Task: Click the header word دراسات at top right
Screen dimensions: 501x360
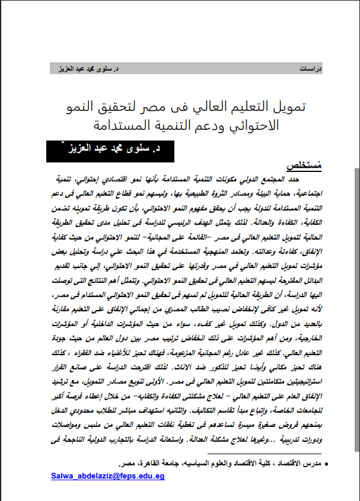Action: [313, 69]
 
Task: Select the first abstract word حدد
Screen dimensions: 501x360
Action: [305, 178]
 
